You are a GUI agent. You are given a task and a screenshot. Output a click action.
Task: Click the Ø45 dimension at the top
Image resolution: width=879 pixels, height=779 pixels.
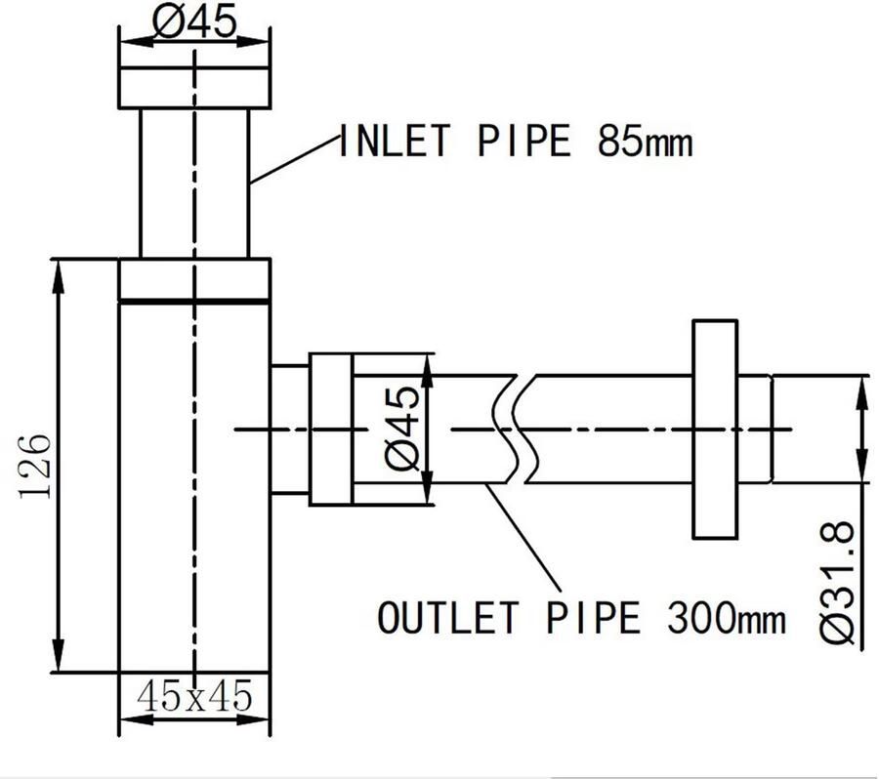tap(194, 22)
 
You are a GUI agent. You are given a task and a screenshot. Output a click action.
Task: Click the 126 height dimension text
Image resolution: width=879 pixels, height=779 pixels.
tap(35, 466)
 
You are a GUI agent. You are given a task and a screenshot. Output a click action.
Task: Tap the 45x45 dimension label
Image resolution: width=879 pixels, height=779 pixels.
tap(194, 695)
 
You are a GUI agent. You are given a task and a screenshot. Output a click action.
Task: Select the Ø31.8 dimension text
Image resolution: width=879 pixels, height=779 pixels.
tap(837, 583)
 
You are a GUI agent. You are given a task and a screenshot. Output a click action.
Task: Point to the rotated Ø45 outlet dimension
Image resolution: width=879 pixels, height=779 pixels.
tap(402, 429)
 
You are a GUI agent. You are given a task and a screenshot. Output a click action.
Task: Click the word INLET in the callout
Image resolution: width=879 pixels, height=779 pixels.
tap(395, 141)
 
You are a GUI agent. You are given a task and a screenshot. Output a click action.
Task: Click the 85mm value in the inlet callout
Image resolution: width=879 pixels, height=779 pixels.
tap(645, 141)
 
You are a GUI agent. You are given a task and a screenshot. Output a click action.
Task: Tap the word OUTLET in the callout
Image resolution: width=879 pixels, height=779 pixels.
tap(446, 617)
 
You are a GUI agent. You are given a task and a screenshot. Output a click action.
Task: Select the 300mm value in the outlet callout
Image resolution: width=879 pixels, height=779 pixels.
tap(727, 618)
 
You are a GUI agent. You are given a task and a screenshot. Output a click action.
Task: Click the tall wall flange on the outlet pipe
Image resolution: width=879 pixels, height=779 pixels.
tap(715, 430)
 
